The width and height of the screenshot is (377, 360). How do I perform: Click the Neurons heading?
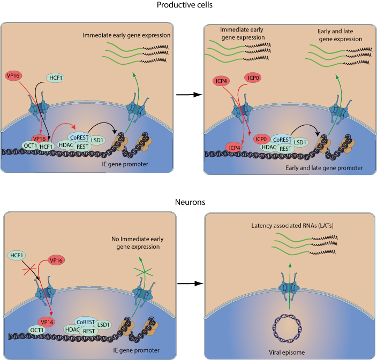(188, 203)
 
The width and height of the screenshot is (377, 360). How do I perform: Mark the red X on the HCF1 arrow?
(27, 271)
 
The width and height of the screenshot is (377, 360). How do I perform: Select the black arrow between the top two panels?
(188, 94)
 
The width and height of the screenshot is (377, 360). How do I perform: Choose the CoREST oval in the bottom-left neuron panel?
(86, 322)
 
